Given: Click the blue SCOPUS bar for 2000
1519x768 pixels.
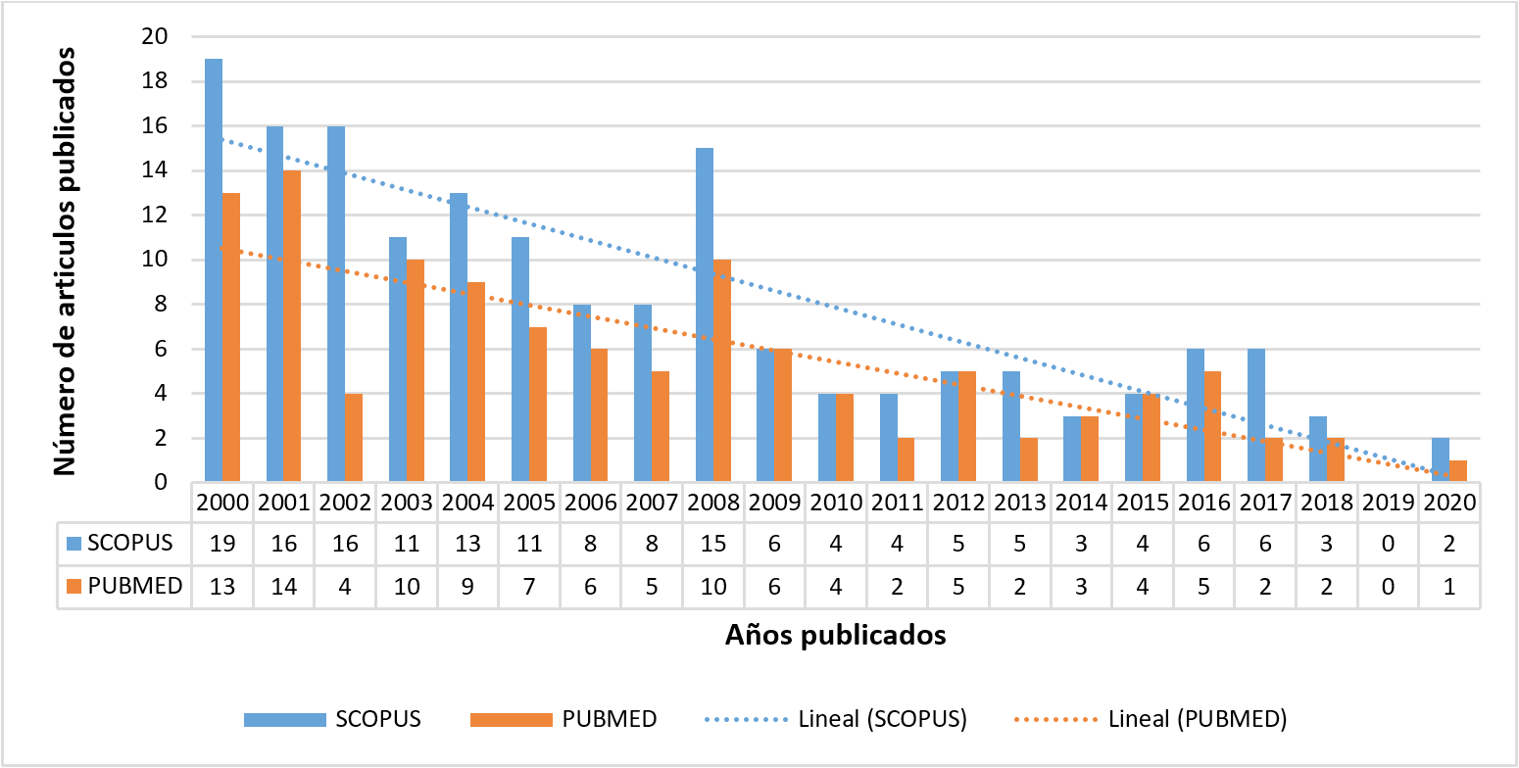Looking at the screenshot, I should [x=214, y=270].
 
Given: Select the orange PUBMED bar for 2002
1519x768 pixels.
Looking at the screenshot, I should [x=354, y=438].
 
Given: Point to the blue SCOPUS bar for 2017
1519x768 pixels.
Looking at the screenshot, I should [x=1256, y=415].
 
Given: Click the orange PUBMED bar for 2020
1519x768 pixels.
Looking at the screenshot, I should [x=1458, y=471].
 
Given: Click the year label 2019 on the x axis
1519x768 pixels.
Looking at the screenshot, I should [x=1387, y=502].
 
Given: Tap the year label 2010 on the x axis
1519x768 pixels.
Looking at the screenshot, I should [x=835, y=502].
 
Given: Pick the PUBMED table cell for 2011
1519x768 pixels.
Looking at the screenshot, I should [x=897, y=586].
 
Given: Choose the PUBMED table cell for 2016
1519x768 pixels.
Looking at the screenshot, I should [x=1203, y=586].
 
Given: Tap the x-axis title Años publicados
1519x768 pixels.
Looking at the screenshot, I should [x=835, y=636].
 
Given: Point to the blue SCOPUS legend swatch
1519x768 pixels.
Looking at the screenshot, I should [x=284, y=719].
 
